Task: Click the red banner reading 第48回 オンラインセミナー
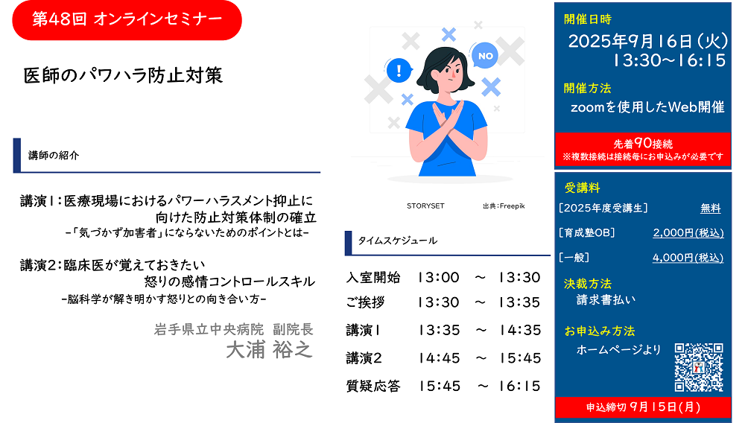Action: (x=127, y=20)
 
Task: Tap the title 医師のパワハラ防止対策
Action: (x=123, y=75)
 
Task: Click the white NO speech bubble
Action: (x=485, y=56)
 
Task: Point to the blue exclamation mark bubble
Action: (x=399, y=71)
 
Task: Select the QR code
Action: (x=699, y=367)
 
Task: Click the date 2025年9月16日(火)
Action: (x=647, y=41)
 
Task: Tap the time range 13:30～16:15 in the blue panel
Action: (x=669, y=61)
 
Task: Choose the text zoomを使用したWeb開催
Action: (x=647, y=107)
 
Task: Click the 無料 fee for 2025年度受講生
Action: (x=710, y=209)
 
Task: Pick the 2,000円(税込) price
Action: (x=688, y=233)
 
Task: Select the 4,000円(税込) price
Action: (x=688, y=258)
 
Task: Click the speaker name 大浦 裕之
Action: (x=270, y=350)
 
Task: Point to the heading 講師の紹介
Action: (x=54, y=156)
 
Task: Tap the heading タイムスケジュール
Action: (x=398, y=241)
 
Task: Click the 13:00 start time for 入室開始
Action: (x=439, y=277)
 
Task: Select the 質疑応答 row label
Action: (x=373, y=386)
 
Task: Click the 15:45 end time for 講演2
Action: (x=520, y=358)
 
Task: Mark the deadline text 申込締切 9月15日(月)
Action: (x=643, y=407)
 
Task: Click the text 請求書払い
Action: (x=606, y=300)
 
